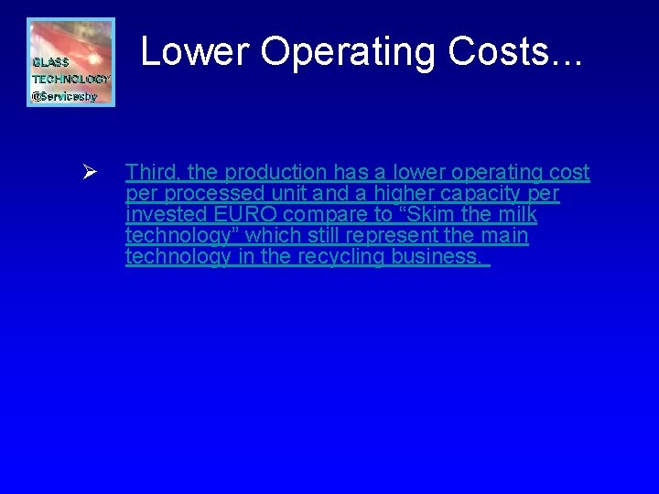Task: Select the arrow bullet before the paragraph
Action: [89, 172]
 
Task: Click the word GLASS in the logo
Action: [51, 63]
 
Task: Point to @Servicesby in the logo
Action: [64, 96]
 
